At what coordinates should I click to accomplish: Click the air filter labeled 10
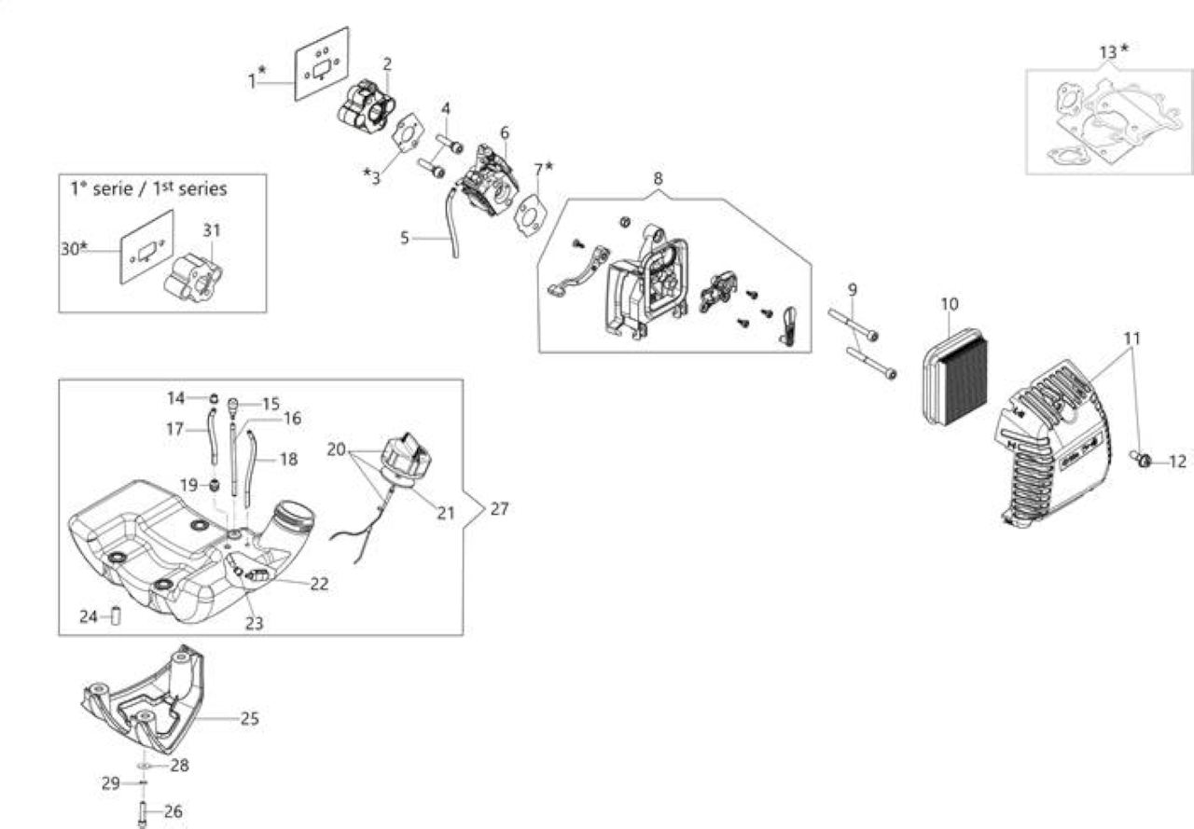point(954,379)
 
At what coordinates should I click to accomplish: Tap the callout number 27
point(499,509)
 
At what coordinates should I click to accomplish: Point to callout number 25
point(249,719)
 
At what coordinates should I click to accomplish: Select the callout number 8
point(658,178)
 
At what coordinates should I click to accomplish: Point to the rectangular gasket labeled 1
point(322,64)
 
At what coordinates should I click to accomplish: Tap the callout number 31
point(212,230)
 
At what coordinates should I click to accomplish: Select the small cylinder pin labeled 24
point(116,616)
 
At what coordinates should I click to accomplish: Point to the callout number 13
point(1107,53)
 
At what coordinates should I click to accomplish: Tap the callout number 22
point(319,584)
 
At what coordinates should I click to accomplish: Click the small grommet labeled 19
point(215,485)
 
